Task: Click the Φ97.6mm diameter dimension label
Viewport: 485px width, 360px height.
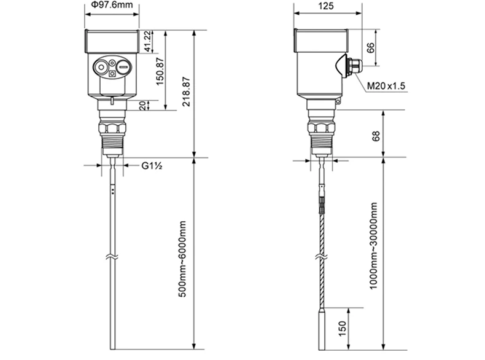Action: [x=111, y=5]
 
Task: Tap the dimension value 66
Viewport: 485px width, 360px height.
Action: [x=371, y=47]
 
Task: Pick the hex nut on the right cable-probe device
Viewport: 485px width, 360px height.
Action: [x=320, y=128]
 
